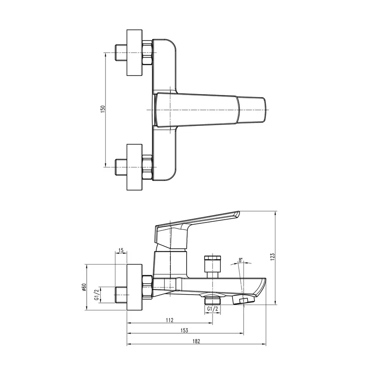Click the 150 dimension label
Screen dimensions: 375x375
(103, 109)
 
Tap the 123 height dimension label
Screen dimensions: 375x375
(272, 257)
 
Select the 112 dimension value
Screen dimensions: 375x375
(169, 320)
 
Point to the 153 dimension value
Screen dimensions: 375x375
(184, 330)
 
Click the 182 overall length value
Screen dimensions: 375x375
(196, 341)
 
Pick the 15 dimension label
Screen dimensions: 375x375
(121, 250)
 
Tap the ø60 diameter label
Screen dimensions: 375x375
(84, 287)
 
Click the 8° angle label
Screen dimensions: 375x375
(240, 260)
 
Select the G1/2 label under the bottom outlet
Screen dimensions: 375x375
(212, 309)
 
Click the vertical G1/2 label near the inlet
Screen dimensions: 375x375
(96, 295)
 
